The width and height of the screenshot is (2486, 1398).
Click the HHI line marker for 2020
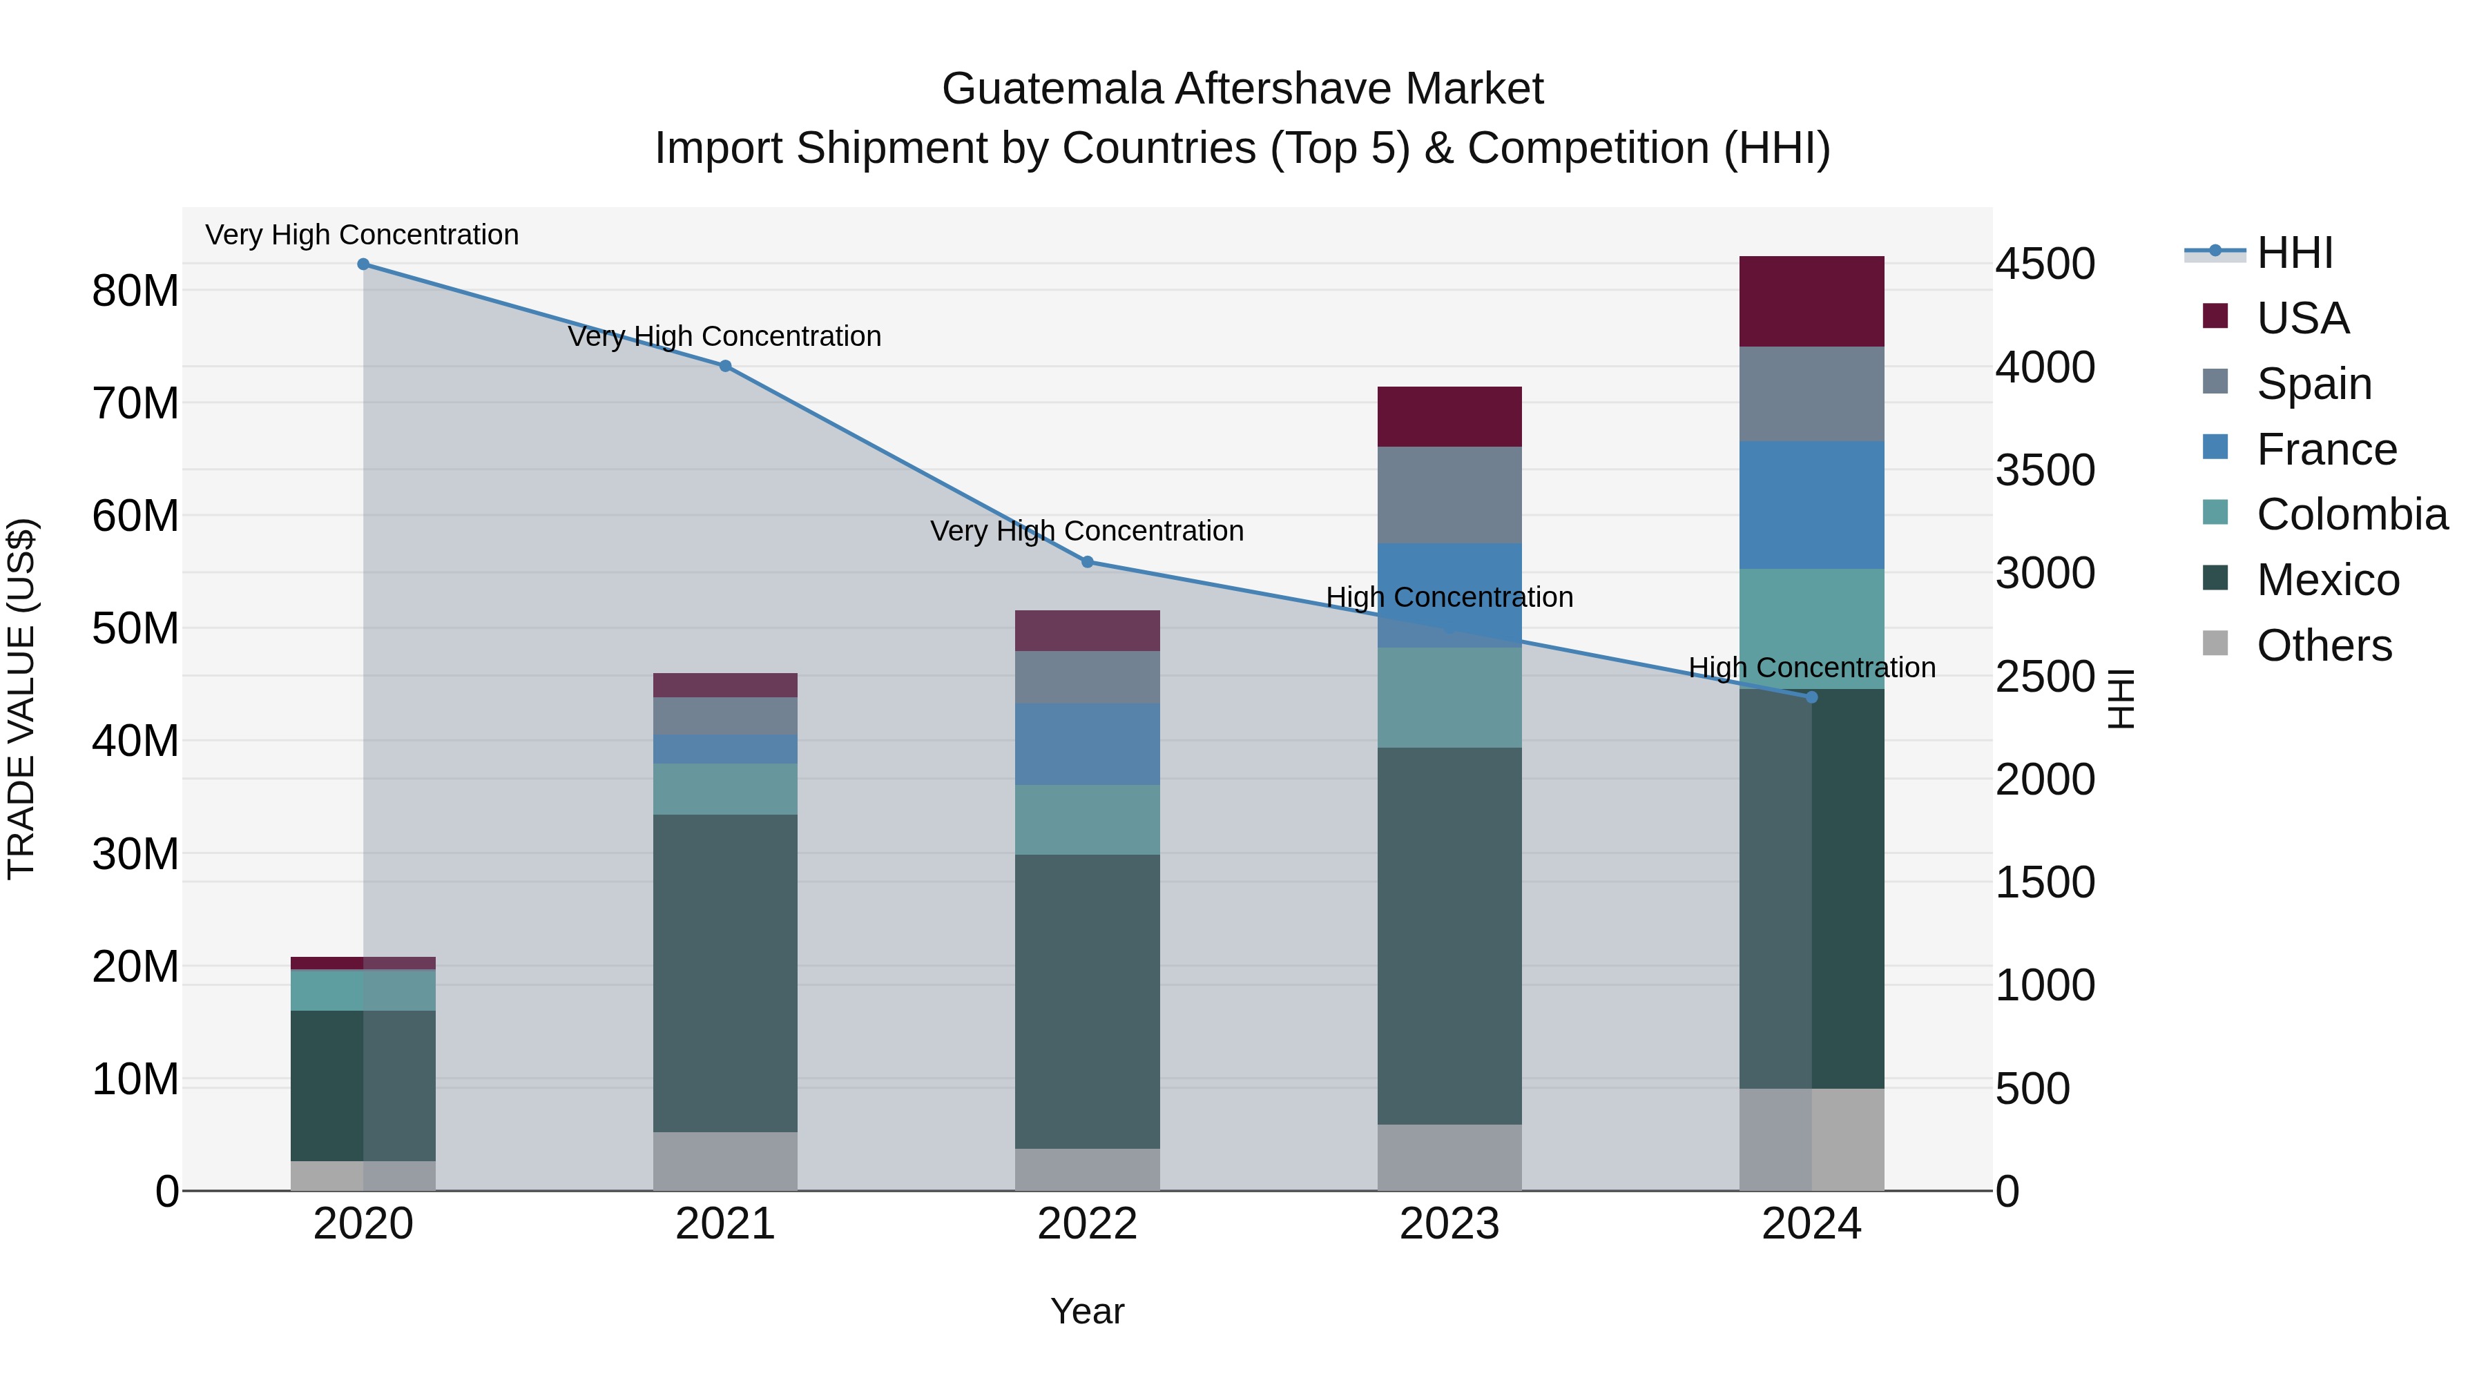[x=363, y=264]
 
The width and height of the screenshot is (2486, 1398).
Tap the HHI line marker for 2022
[x=1087, y=561]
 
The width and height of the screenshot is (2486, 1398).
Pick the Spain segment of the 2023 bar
[x=1449, y=494]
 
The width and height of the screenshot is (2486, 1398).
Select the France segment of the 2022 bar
[x=1087, y=744]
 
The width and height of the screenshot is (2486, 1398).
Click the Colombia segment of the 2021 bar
[x=725, y=789]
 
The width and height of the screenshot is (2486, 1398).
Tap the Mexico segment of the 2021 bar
[x=725, y=973]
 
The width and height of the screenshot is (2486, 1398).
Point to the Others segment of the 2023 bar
[x=1449, y=1157]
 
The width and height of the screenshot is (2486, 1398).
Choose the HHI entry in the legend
[x=2294, y=253]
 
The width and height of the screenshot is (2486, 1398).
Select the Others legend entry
[x=2323, y=645]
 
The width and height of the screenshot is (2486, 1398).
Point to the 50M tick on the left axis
[x=135, y=628]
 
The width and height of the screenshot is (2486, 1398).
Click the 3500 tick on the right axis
[x=2045, y=471]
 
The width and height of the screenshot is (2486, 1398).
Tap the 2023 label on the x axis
[x=1449, y=1224]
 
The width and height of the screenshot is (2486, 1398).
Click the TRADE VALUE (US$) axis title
[x=21, y=699]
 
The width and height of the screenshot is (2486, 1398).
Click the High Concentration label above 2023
[x=1449, y=597]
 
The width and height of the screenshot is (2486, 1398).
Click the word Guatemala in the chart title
[x=1053, y=89]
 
